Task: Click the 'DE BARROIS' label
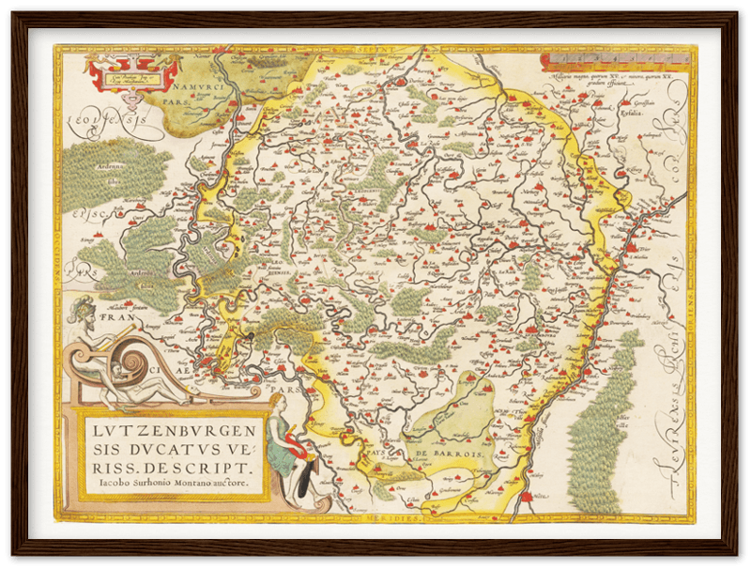[451, 454]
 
